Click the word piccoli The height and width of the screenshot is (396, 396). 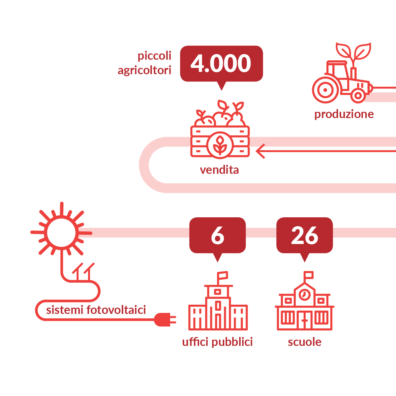(154, 56)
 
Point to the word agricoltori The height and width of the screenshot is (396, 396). (144, 71)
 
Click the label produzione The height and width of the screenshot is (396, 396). (344, 114)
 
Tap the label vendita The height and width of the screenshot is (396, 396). (219, 170)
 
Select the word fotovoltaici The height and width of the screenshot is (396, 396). (116, 310)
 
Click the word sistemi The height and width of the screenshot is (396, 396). (64, 310)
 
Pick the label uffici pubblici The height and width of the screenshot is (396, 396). (217, 342)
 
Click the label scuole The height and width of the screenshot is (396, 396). (305, 342)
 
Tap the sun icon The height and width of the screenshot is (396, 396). (61, 232)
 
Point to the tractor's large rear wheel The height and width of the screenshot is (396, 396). (325, 90)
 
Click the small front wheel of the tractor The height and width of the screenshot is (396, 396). (358, 96)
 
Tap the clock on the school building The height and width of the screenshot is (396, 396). (305, 294)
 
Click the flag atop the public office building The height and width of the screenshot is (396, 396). (222, 276)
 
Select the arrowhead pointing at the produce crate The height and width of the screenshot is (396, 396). (260, 151)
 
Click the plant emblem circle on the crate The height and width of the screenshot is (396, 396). (220, 145)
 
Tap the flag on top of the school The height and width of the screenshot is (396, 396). (308, 275)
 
